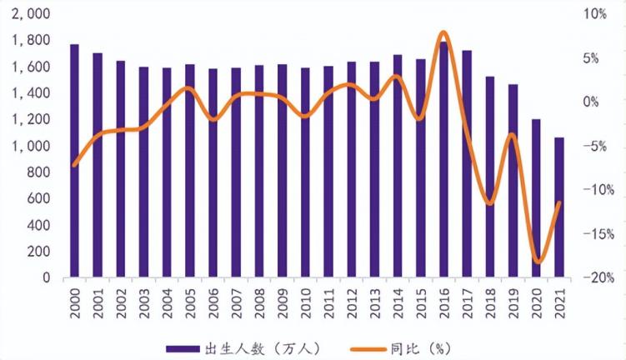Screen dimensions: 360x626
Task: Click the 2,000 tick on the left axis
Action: (x=32, y=14)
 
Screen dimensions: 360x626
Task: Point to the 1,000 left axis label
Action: (x=32, y=146)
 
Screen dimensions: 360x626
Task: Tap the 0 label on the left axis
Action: (x=45, y=278)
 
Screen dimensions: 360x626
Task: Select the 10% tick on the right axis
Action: (x=596, y=14)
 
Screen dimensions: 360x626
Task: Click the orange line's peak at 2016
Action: (x=443, y=33)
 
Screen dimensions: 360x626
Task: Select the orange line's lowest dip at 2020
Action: (x=538, y=262)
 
